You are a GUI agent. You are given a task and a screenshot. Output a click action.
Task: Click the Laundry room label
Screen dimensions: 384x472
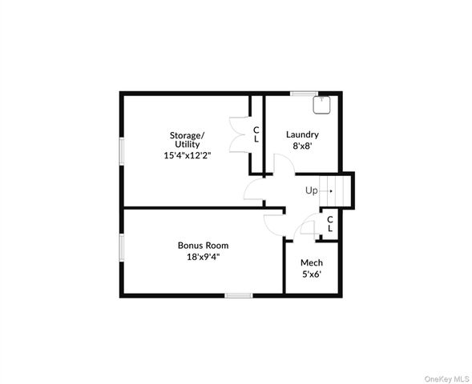302,134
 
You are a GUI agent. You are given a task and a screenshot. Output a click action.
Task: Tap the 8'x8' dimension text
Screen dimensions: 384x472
302,146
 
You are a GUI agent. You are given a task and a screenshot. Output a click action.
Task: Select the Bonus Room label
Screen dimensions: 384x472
203,245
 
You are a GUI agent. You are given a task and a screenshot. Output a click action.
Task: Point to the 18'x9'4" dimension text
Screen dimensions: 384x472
203,257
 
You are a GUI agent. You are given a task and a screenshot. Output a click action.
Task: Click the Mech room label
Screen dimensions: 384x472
311,262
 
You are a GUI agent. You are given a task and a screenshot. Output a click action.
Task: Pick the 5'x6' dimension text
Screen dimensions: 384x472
311,274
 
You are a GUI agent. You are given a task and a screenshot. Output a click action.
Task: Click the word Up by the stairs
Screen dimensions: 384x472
311,190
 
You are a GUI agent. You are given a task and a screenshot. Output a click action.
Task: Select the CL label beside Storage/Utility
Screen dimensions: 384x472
256,134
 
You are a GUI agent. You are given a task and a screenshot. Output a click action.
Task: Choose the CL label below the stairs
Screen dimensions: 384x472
329,224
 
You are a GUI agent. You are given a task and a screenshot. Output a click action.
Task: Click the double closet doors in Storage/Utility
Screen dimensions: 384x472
238,133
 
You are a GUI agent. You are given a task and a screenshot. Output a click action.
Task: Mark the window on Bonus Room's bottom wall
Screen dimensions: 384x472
238,295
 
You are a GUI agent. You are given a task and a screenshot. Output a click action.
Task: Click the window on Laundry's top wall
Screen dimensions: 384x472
302,94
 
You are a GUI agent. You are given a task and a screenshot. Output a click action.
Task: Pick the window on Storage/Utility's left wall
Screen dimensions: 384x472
122,150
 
